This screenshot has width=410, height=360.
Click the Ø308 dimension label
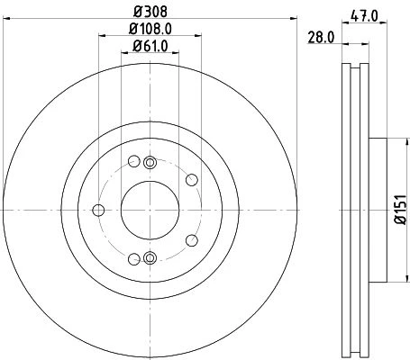pos(150,12)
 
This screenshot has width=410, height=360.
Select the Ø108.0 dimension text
pos(150,29)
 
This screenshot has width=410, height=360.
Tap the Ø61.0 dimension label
pos(150,46)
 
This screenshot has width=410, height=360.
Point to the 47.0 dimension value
pos(364,15)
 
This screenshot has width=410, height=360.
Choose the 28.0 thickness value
pos(321,38)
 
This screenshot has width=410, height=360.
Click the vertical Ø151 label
pos(401,210)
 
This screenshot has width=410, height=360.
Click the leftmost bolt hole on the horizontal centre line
pos(98,210)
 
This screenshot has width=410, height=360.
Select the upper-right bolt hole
pos(192,180)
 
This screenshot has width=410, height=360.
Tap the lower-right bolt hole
pos(192,240)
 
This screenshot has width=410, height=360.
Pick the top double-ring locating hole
pos(150,163)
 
